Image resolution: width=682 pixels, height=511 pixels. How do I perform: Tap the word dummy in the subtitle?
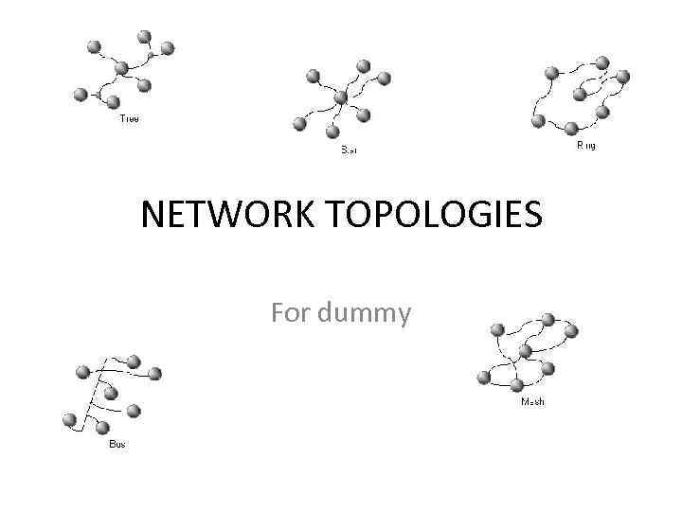(x=365, y=311)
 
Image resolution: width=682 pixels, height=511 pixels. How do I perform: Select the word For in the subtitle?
(x=290, y=311)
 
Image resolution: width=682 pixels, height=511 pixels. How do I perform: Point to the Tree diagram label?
(x=129, y=119)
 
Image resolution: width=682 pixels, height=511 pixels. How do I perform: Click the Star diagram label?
(x=349, y=150)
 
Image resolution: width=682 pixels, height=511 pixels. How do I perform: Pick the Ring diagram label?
(x=586, y=147)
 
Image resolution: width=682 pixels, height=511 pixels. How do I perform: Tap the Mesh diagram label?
(x=533, y=402)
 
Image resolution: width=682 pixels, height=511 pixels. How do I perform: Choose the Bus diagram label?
(x=117, y=444)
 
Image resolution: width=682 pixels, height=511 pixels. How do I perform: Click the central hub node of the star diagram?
(x=341, y=97)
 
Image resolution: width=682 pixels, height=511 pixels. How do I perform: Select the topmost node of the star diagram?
(x=363, y=66)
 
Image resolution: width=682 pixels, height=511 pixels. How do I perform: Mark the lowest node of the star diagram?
(x=332, y=132)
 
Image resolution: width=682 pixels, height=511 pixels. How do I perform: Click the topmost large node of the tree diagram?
(x=144, y=37)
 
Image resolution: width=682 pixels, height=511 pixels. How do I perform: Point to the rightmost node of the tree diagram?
(x=167, y=47)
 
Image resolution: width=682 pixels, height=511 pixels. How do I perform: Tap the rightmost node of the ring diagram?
(x=623, y=77)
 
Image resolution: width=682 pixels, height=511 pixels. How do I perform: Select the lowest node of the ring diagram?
(x=570, y=129)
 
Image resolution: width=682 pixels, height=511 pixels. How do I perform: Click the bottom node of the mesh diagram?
(x=516, y=385)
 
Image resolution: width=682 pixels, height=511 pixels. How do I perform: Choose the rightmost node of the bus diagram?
(x=154, y=374)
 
